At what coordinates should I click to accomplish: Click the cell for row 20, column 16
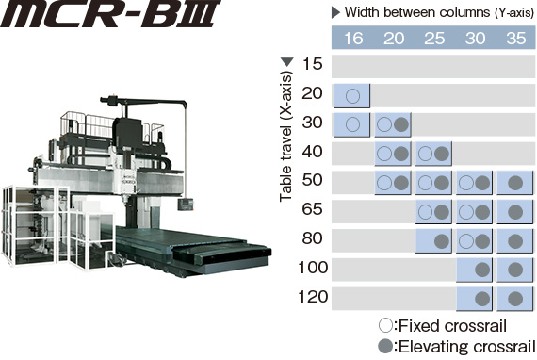[x=351, y=95]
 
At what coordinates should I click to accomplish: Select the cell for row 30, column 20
[x=393, y=124]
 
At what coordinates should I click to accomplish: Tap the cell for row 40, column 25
[x=433, y=154]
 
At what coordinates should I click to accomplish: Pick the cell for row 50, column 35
[x=515, y=182]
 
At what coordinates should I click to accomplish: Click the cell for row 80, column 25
[x=433, y=240]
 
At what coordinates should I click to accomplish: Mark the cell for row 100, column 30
[x=475, y=270]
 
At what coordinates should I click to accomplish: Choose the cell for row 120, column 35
[x=515, y=299]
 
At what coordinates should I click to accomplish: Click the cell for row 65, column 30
[x=475, y=211]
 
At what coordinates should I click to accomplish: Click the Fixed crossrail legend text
[x=442, y=326]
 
